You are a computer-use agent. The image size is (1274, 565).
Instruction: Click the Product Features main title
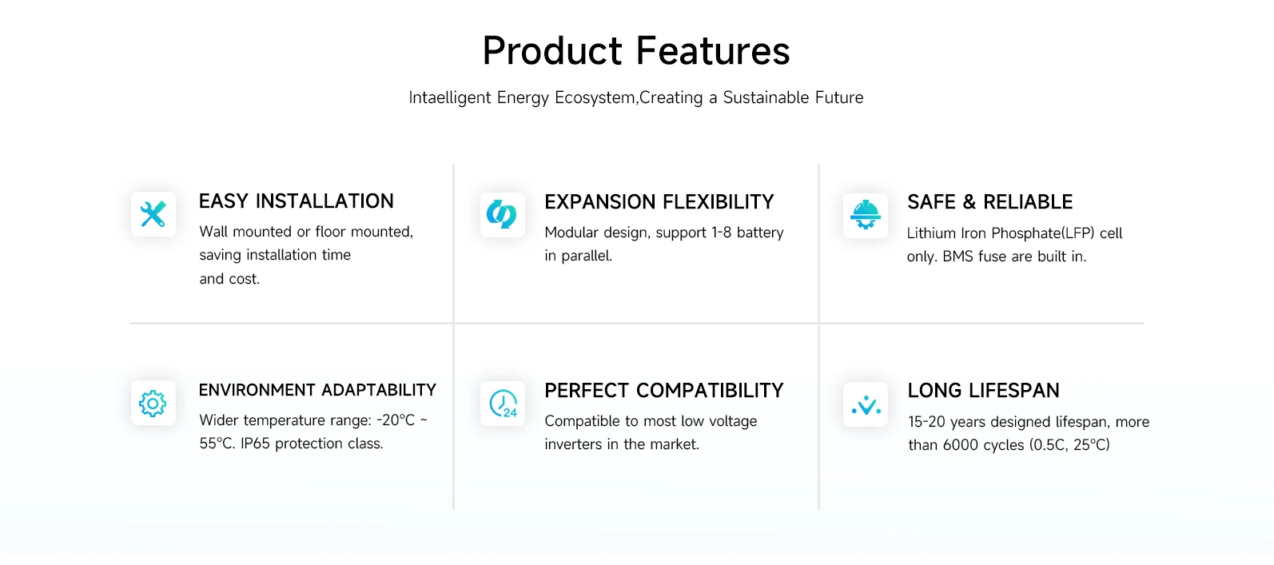(636, 51)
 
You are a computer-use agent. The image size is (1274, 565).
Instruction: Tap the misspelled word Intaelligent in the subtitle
(449, 97)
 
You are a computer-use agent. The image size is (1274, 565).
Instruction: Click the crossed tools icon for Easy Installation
(153, 214)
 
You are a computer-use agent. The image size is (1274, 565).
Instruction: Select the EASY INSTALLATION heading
(296, 201)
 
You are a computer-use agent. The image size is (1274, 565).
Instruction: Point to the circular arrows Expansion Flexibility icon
(502, 214)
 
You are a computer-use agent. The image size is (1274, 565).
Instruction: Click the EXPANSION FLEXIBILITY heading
(659, 201)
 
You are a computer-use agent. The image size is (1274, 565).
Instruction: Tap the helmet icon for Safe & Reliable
(865, 215)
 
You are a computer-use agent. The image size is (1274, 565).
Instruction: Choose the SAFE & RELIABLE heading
(989, 201)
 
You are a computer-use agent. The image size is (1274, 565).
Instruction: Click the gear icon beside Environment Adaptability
(153, 404)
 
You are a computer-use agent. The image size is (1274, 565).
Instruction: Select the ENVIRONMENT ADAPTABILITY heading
(317, 390)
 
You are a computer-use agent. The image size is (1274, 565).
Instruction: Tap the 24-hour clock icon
(504, 404)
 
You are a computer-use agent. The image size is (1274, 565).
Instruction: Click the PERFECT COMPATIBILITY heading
(663, 391)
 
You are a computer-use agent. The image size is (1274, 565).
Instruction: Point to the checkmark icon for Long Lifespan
(866, 405)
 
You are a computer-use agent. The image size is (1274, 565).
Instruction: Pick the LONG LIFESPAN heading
(983, 391)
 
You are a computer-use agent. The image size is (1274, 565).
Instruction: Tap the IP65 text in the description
(255, 444)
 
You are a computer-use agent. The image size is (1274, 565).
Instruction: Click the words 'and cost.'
(229, 279)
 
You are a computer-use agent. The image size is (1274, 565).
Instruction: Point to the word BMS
(957, 257)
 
